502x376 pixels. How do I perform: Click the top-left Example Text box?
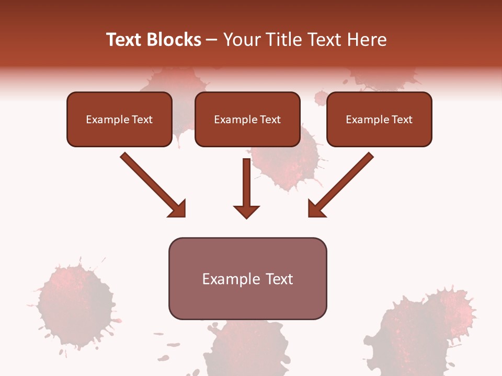119,120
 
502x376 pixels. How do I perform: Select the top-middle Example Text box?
247,120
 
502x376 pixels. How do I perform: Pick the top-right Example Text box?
379,120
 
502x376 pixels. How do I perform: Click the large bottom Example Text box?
247,279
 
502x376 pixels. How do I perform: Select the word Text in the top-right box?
402,120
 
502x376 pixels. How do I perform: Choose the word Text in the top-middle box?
270,120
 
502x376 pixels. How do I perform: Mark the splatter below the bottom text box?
248,347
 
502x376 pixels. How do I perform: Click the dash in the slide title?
212,40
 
